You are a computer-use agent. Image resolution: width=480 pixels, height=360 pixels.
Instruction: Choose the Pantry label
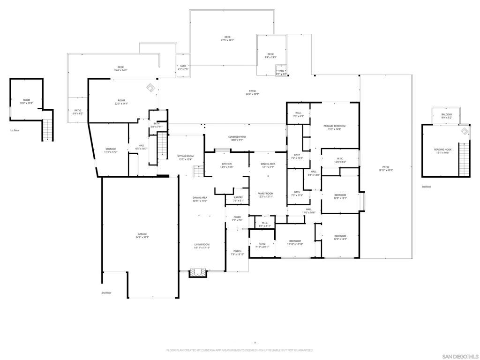pyautogui.click(x=238, y=199)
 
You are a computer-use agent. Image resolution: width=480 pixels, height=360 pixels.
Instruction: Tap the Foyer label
pyautogui.click(x=237, y=218)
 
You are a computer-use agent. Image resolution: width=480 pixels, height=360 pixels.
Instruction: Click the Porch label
pyautogui.click(x=237, y=253)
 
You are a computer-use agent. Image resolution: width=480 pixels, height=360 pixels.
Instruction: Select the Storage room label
pyautogui.click(x=111, y=150)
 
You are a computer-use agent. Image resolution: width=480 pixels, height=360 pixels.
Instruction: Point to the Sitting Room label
pyautogui.click(x=185, y=157)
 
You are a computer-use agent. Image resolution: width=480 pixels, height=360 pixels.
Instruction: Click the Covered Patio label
pyautogui.click(x=237, y=138)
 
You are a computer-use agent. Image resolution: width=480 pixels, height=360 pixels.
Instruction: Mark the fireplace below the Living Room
pyautogui.click(x=197, y=272)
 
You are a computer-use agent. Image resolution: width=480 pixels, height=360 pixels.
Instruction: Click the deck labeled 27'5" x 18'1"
pyautogui.click(x=227, y=38)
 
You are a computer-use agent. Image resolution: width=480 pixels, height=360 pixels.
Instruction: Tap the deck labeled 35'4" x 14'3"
pyautogui.click(x=120, y=68)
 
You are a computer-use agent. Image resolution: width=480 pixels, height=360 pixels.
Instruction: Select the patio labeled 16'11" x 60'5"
pyautogui.click(x=386, y=169)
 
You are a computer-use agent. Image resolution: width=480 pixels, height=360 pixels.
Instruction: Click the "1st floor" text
pyautogui.click(x=15, y=130)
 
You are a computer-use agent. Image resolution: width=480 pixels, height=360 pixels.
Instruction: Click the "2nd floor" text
pyautogui.click(x=106, y=292)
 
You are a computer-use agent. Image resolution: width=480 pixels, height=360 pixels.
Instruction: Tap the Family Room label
pyautogui.click(x=265, y=195)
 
